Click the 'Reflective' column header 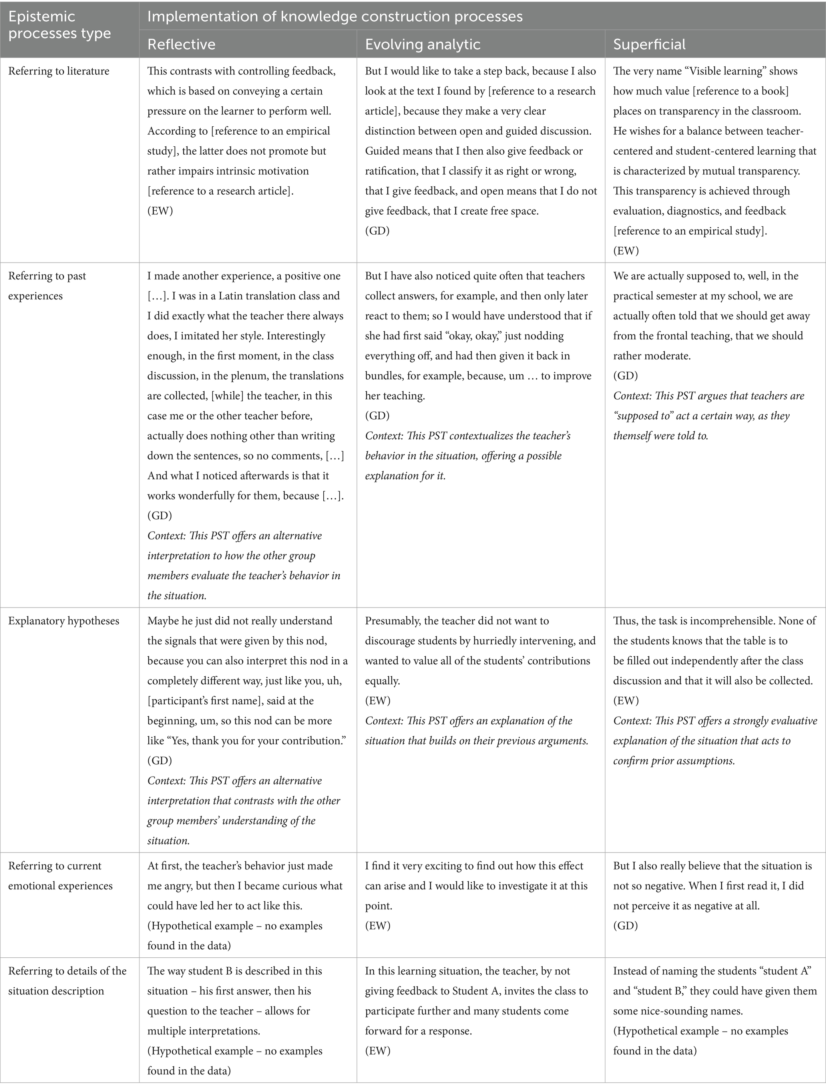click(181, 44)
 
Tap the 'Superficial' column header click(649, 44)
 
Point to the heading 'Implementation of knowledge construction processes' click(334, 16)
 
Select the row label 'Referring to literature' click(59, 71)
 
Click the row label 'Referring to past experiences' click(47, 286)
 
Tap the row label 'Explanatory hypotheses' click(64, 620)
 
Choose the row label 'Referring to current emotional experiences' click(60, 876)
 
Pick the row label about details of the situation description click(67, 980)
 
